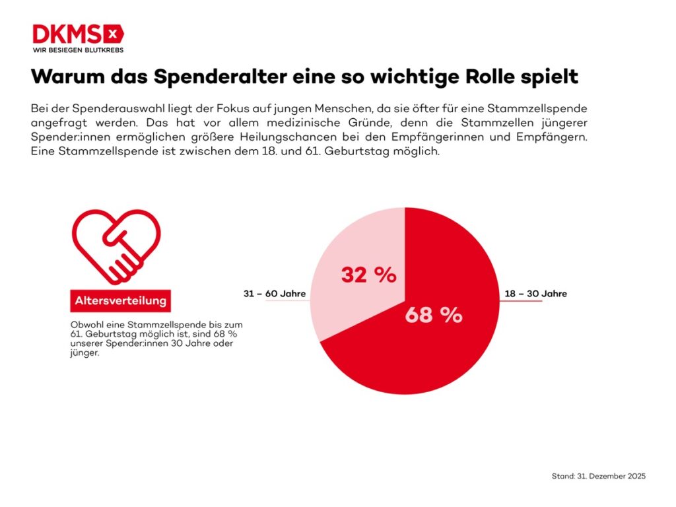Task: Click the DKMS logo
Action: pyautogui.click(x=78, y=34)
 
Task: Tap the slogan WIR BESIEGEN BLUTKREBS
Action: pyautogui.click(x=78, y=50)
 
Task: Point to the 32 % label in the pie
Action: pyautogui.click(x=368, y=275)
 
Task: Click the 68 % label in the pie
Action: pyautogui.click(x=433, y=316)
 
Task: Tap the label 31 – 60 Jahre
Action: pyautogui.click(x=271, y=294)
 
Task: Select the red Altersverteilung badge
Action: pyautogui.click(x=120, y=301)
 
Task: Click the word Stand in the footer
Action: pyautogui.click(x=562, y=476)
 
